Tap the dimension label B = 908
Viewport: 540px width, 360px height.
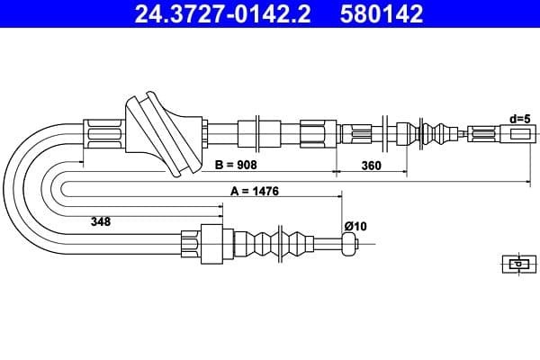pos(237,166)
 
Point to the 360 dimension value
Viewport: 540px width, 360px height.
pos(371,166)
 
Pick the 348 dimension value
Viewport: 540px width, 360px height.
pos(101,221)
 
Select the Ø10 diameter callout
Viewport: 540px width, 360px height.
pos(355,225)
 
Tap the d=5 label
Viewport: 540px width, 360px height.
pos(519,118)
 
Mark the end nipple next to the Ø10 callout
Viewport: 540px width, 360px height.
pos(350,243)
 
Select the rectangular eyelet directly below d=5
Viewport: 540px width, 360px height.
pos(521,135)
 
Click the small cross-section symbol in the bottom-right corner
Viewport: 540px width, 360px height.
pos(517,264)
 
